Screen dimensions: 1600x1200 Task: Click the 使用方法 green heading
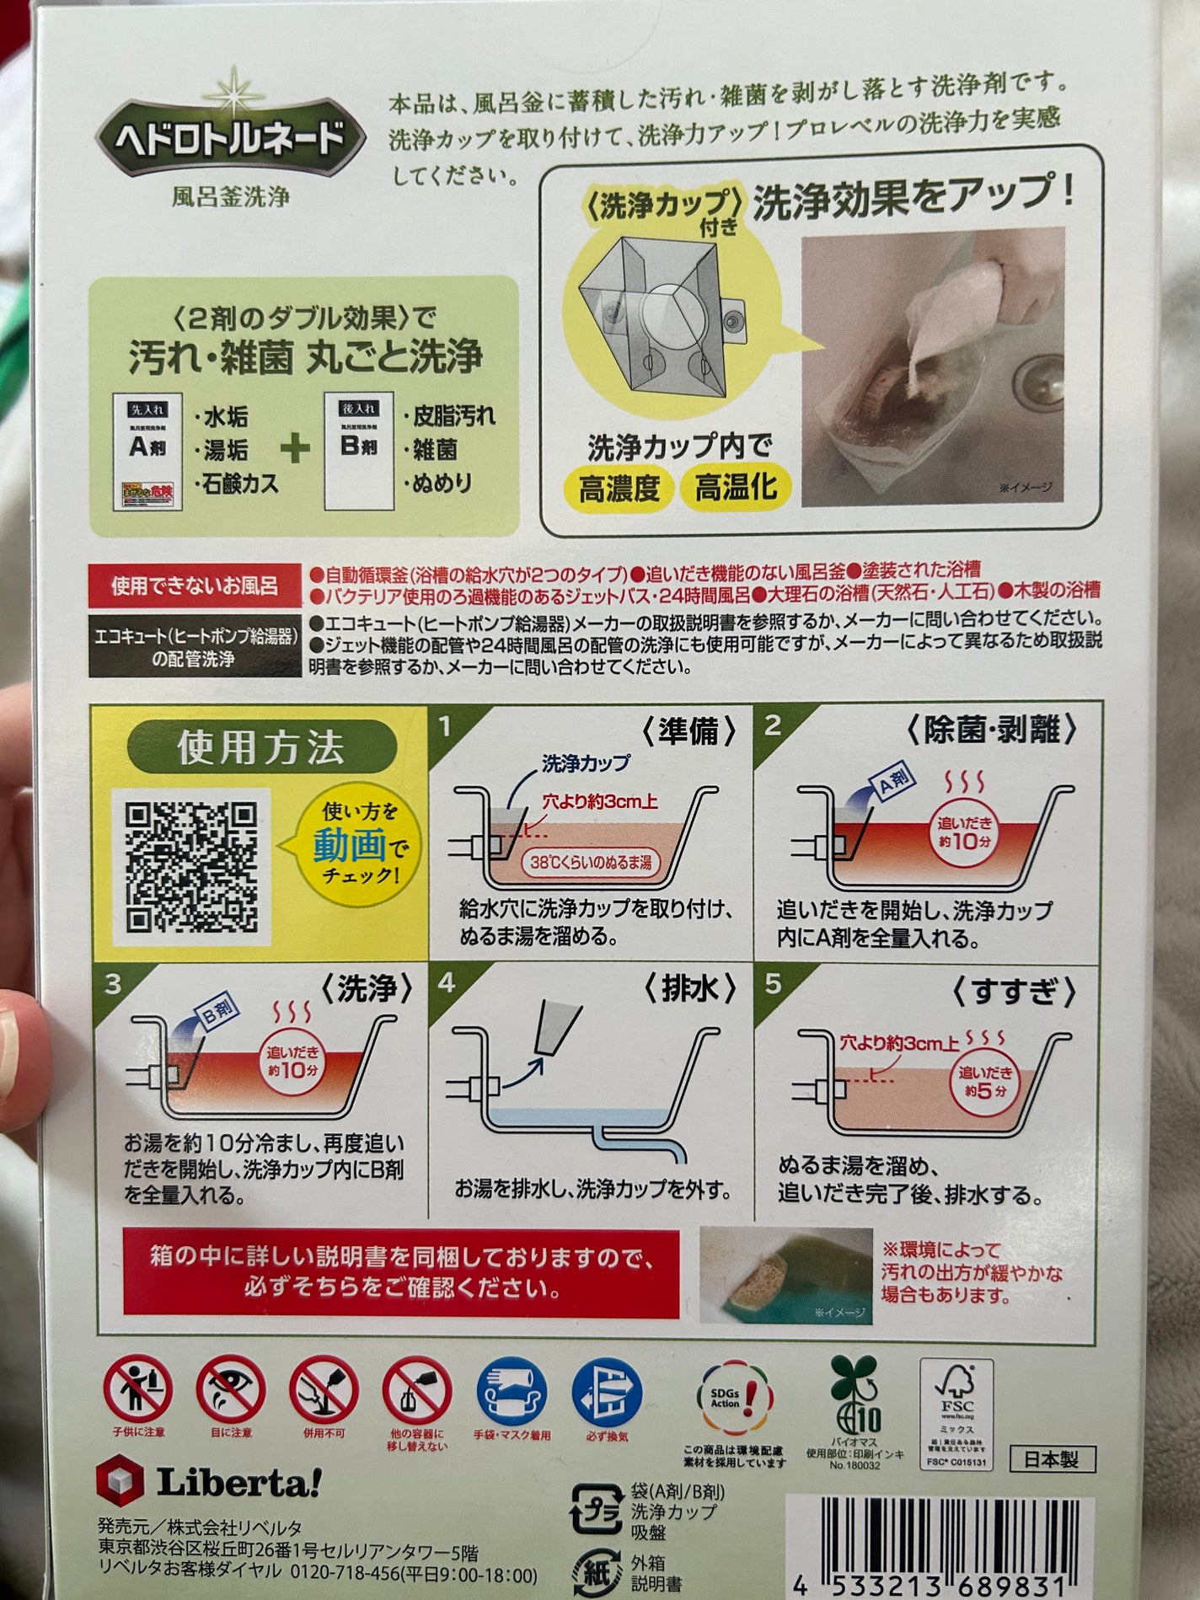pyautogui.click(x=261, y=746)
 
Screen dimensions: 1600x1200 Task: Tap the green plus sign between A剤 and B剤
pyautogui.click(x=296, y=448)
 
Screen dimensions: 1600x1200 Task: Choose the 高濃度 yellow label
pyautogui.click(x=619, y=488)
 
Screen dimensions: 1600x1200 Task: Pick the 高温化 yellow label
pyautogui.click(x=736, y=488)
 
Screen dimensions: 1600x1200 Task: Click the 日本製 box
pyautogui.click(x=1051, y=1459)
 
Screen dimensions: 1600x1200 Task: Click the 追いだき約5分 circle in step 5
pyautogui.click(x=986, y=1082)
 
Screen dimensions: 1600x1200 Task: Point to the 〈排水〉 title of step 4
pyautogui.click(x=690, y=988)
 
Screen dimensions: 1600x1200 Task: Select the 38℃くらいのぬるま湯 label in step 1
pyautogui.click(x=590, y=862)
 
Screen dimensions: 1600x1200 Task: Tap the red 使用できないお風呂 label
pyautogui.click(x=196, y=585)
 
